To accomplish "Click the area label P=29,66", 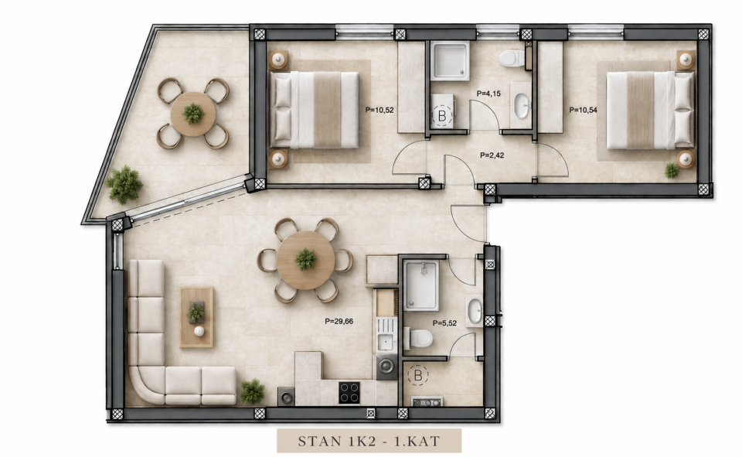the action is click(339, 321).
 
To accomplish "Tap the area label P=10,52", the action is click(380, 110).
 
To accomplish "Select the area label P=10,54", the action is click(583, 110).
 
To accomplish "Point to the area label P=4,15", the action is click(488, 94).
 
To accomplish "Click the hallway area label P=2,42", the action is click(492, 155).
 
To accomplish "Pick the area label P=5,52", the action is click(445, 323).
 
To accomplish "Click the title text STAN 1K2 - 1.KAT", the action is click(369, 442).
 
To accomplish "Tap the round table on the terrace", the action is click(193, 114).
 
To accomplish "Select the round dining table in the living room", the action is click(306, 260).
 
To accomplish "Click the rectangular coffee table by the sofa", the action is click(196, 317).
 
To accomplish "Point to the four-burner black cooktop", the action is click(349, 393).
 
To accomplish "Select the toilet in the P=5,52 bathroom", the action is click(420, 338).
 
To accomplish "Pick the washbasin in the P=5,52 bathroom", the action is click(475, 311).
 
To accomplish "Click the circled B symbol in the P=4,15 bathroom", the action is click(442, 115).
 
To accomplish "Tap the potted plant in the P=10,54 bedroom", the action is click(671, 170).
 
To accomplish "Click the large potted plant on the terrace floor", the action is click(124, 184).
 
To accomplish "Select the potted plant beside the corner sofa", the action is click(252, 391).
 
